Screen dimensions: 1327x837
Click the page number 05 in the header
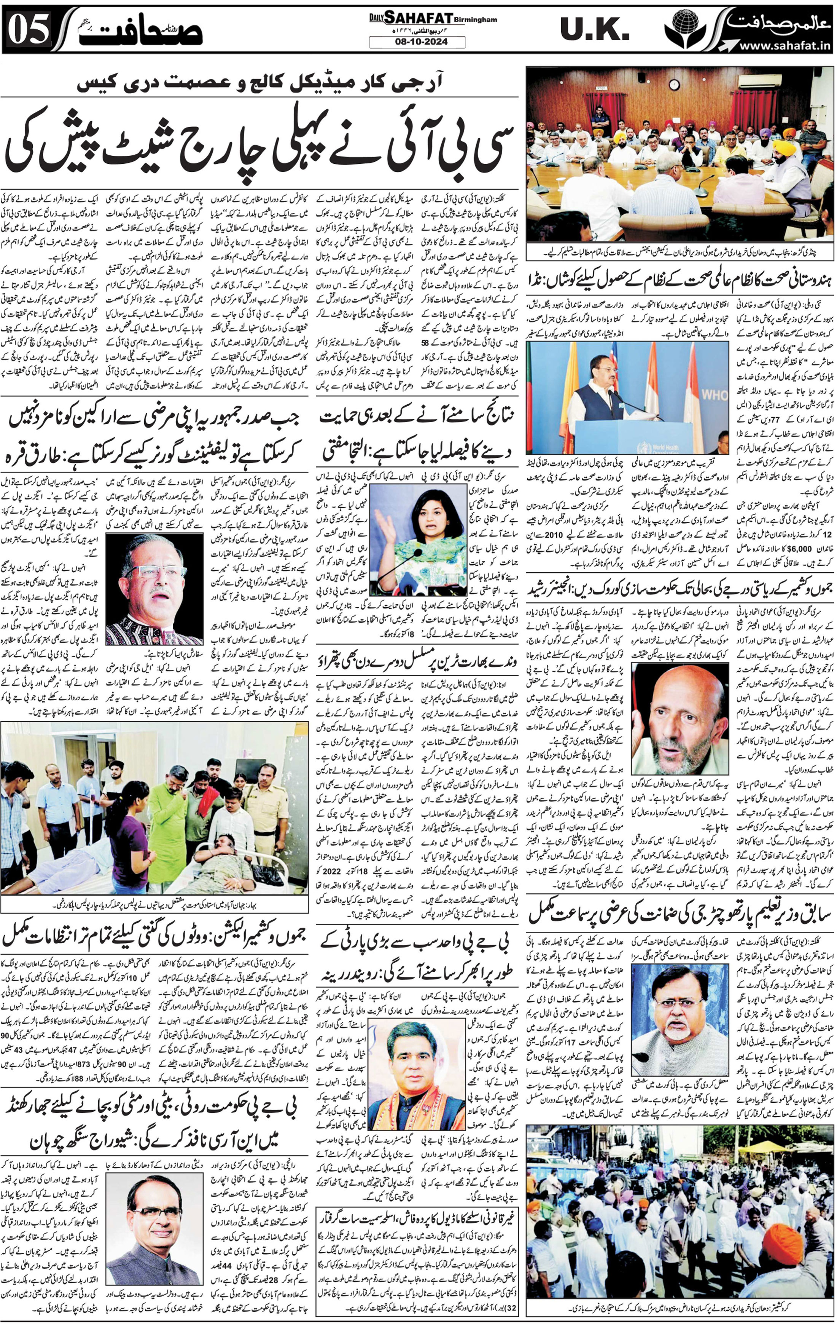(x=30, y=30)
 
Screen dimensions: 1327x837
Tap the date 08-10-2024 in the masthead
(x=417, y=42)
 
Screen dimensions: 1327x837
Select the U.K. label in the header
(x=595, y=30)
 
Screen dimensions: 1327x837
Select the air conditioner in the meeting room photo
(x=760, y=81)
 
